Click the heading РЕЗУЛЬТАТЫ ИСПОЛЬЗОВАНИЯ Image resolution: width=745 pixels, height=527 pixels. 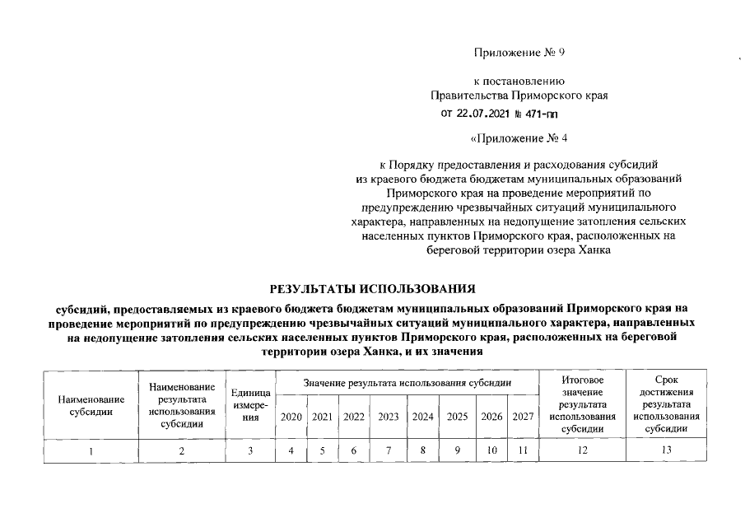(x=374, y=288)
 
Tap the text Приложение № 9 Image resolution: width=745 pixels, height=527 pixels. (x=519, y=53)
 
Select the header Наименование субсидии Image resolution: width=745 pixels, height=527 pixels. (x=91, y=405)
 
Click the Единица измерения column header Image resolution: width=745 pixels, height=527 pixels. (x=251, y=405)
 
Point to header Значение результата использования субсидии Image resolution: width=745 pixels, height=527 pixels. (x=407, y=383)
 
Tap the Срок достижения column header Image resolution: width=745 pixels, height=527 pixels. (x=666, y=404)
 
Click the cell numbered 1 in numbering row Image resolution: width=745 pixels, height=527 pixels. (x=91, y=450)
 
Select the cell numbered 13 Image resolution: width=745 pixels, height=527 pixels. (x=666, y=450)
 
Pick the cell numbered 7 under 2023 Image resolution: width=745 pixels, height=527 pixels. (x=388, y=450)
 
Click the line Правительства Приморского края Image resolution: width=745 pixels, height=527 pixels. (x=519, y=96)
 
